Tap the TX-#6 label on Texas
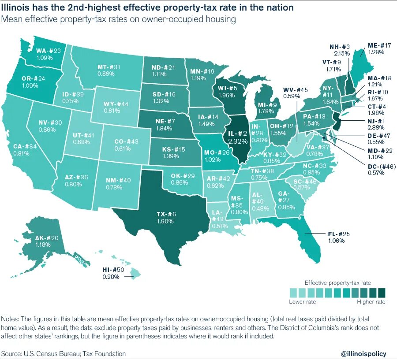[x=166, y=214]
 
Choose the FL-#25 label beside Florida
[x=339, y=234]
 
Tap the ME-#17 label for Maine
[x=379, y=45]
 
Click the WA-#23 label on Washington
[x=48, y=51]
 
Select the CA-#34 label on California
[x=21, y=146]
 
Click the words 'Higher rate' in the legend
[x=371, y=302]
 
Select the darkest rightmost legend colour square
[x=382, y=293]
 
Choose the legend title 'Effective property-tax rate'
[x=337, y=282]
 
